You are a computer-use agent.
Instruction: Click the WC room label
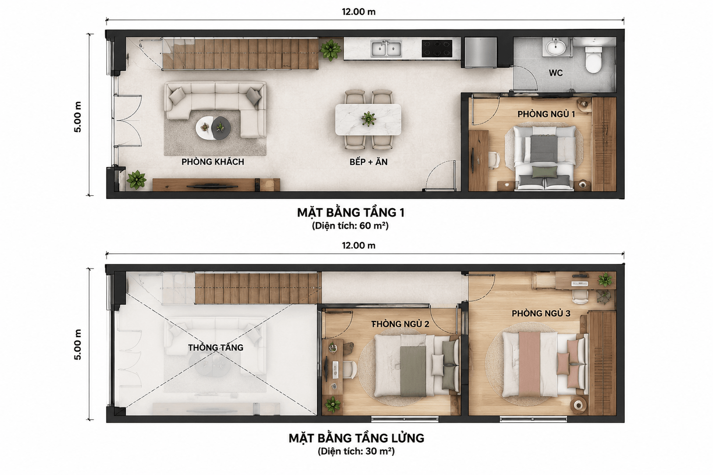(556, 73)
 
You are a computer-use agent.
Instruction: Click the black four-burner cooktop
(437, 48)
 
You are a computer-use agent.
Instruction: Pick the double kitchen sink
(386, 49)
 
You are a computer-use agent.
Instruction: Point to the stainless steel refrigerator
(480, 52)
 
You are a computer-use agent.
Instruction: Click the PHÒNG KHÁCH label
(213, 161)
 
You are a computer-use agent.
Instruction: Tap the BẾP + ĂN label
(369, 162)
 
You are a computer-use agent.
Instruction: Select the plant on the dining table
(368, 119)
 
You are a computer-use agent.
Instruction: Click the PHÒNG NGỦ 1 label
(546, 114)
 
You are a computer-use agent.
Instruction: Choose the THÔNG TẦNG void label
(215, 347)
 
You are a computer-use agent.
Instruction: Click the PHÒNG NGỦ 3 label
(541, 314)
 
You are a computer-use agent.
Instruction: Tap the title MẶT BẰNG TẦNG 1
(351, 212)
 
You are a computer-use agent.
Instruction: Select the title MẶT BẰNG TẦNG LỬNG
(356, 438)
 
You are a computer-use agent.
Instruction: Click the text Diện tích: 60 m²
(350, 226)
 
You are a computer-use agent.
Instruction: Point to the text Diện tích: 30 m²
(356, 451)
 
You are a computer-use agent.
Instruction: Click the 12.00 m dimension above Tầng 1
(359, 12)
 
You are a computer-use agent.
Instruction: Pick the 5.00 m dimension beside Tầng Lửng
(78, 345)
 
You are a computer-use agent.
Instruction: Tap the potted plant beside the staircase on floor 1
(331, 50)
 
